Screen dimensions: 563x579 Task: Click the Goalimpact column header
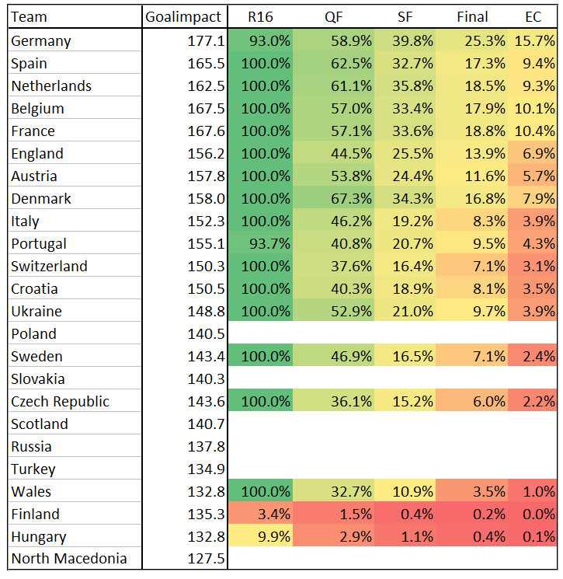[x=183, y=17]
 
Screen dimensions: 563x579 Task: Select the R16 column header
[x=260, y=17]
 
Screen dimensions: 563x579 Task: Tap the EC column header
[x=533, y=17]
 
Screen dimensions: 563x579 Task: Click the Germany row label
[x=41, y=41]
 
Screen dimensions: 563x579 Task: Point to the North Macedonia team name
[x=69, y=558]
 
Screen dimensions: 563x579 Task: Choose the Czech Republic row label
[x=60, y=401]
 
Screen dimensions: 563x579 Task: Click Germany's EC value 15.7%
[x=534, y=40]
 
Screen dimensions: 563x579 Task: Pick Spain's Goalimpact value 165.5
[x=206, y=64]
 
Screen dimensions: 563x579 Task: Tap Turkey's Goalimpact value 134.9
[x=206, y=469]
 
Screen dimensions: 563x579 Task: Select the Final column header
[x=472, y=17]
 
